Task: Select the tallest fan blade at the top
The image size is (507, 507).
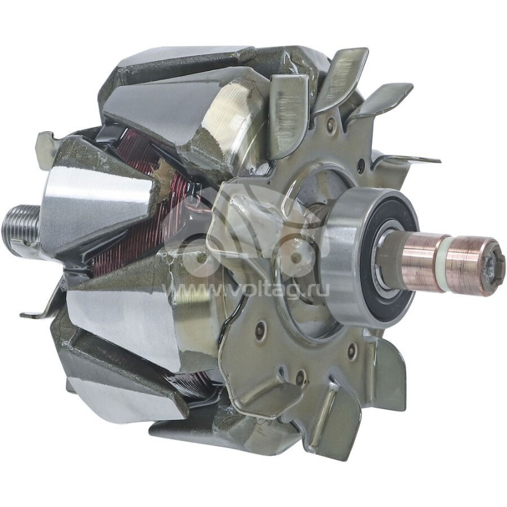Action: [345, 73]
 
